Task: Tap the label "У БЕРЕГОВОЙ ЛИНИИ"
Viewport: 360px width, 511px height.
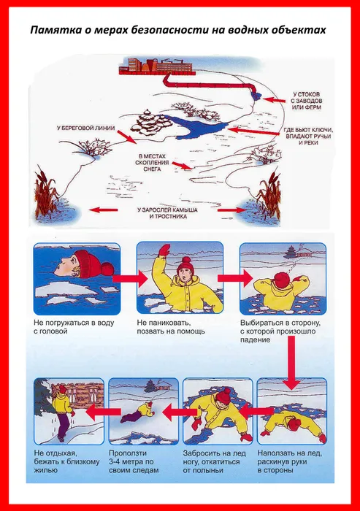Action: pos(85,128)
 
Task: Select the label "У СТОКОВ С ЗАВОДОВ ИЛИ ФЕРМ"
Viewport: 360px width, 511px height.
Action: pos(306,101)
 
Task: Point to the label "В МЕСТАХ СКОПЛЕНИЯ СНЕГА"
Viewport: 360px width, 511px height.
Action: pos(152,163)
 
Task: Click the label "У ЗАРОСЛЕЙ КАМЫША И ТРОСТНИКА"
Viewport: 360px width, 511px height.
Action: pos(168,213)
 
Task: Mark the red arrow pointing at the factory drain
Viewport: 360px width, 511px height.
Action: pos(274,100)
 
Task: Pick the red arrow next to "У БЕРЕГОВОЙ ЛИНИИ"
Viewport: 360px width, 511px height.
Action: pos(126,137)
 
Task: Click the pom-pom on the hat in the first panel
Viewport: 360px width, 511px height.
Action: pos(106,270)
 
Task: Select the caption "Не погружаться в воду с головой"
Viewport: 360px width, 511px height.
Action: pos(74,327)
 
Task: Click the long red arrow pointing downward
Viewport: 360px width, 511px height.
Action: pos(291,363)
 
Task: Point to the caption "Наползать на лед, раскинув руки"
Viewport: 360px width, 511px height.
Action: pos(290,461)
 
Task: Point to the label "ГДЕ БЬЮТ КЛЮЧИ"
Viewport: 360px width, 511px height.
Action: pos(308,130)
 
